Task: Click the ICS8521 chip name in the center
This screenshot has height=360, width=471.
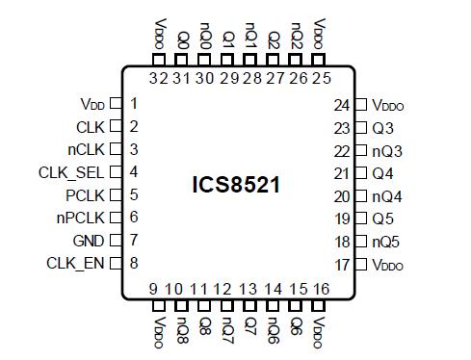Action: (x=236, y=184)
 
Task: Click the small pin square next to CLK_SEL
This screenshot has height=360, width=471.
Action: (x=115, y=172)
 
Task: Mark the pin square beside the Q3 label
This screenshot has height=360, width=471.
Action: (x=360, y=127)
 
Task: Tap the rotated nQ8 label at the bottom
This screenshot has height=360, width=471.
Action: (x=178, y=326)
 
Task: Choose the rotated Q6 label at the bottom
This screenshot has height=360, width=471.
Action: (x=297, y=323)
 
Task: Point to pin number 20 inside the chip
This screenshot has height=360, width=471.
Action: (x=339, y=195)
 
